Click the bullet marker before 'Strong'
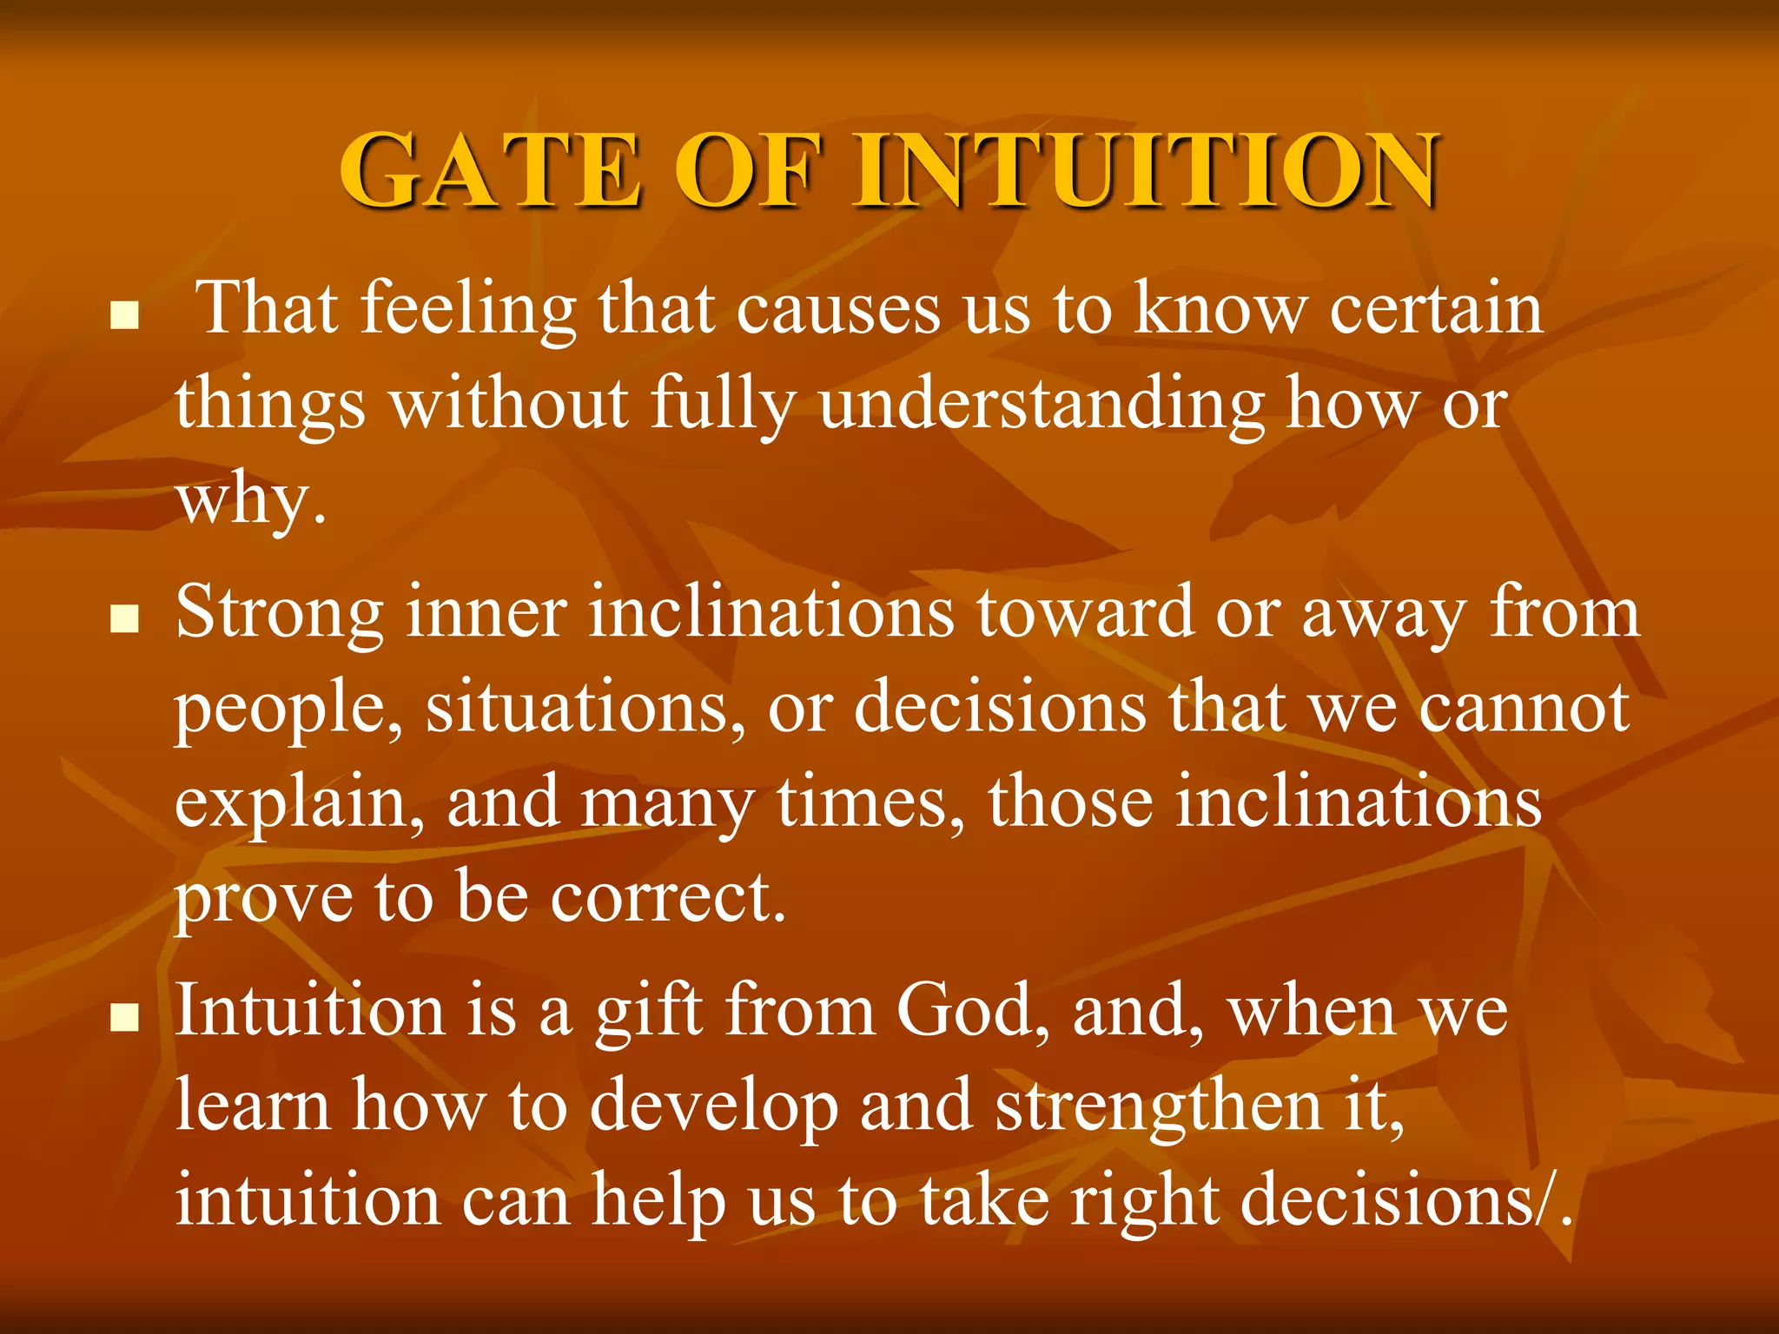coord(126,619)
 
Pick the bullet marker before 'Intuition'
coord(126,1017)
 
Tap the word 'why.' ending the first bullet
coord(252,501)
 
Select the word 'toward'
coord(1085,613)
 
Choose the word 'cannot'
coord(1524,708)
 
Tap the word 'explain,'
coord(301,804)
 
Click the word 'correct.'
coord(669,897)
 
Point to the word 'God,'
coord(974,1012)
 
